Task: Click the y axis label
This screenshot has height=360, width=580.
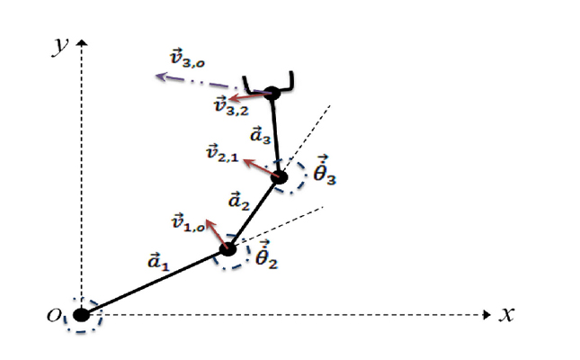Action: [x=59, y=47]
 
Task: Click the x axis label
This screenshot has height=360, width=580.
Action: [x=507, y=315]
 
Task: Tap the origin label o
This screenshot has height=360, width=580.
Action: [x=54, y=315]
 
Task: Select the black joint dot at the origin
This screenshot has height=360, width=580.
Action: [x=81, y=315]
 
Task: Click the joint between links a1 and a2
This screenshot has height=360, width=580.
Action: [x=228, y=248]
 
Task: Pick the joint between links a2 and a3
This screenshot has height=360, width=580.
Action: [x=280, y=177]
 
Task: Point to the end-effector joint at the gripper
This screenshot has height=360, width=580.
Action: [x=272, y=93]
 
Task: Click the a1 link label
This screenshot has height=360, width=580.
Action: [x=158, y=261]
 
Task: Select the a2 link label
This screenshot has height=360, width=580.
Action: [x=239, y=201]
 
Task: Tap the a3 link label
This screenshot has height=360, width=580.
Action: [x=261, y=134]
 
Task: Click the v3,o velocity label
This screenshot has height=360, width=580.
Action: [x=187, y=58]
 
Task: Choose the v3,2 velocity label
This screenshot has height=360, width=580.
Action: [x=232, y=105]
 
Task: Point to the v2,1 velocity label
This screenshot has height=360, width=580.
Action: [x=222, y=153]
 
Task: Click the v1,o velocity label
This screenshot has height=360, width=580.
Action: [x=188, y=222]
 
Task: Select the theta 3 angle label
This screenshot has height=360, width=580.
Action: [x=325, y=170]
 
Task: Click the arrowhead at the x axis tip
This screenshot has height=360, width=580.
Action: [x=487, y=315]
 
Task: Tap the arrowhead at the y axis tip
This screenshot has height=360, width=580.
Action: [x=81, y=42]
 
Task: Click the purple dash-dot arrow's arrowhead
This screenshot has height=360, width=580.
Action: [x=161, y=76]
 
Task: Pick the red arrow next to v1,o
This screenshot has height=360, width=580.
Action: [x=217, y=234]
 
